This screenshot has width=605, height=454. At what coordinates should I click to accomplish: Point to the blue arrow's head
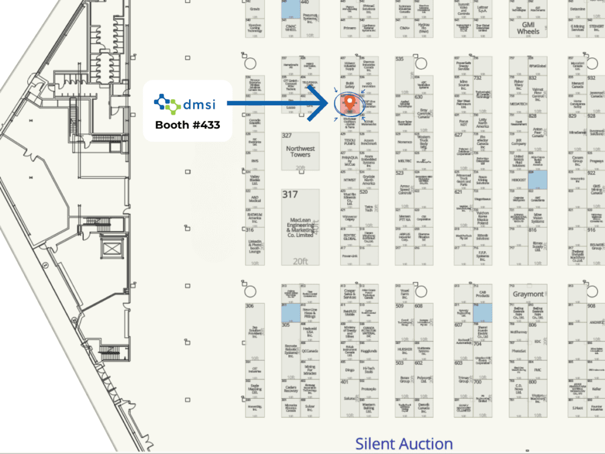[x=326, y=104]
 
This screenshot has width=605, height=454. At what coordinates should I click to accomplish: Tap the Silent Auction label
[x=404, y=444]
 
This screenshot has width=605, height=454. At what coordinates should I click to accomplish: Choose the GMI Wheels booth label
[x=528, y=28]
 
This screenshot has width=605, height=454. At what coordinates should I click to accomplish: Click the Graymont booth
[x=528, y=294]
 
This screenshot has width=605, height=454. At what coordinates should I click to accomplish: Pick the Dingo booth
[x=349, y=370]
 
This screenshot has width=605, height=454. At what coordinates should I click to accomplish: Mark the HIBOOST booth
[x=519, y=180]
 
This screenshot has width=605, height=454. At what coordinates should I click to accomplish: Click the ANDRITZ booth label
[x=596, y=322]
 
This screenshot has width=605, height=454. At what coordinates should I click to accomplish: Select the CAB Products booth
[x=483, y=294]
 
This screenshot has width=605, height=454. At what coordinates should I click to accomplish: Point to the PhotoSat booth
[x=519, y=351]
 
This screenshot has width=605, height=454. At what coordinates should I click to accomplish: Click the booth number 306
[x=250, y=306]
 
